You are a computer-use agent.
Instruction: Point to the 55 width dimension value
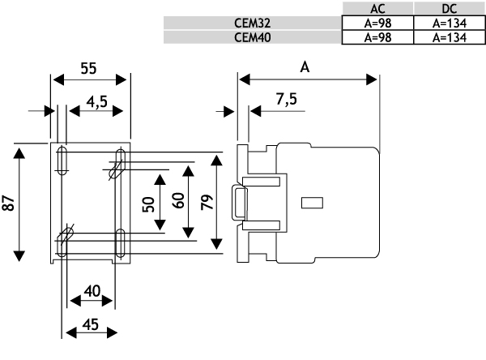point(89,68)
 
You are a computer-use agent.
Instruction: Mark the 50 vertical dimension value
point(148,204)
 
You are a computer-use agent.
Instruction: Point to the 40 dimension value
point(92,290)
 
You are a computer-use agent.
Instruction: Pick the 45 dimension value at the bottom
point(91,324)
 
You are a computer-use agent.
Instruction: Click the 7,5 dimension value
point(285,101)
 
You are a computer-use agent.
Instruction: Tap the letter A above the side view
point(305,67)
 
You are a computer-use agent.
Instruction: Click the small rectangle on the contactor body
point(312,201)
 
